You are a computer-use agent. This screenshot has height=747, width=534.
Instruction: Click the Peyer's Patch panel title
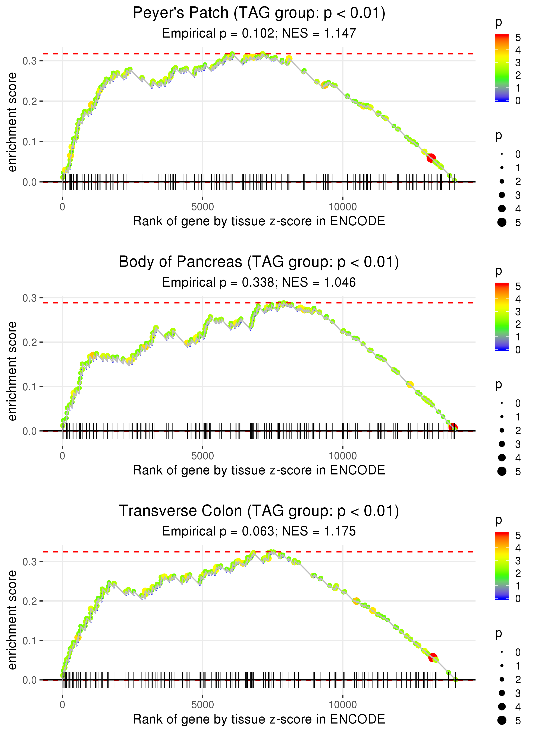(259, 13)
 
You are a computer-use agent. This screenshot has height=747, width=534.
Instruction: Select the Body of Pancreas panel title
(259, 262)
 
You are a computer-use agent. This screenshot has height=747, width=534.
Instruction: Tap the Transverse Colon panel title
(259, 511)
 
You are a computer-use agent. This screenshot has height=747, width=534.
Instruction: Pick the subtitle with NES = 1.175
(259, 531)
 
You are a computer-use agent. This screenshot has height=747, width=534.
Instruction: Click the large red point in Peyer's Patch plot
(431, 158)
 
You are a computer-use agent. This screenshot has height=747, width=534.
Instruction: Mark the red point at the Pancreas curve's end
(453, 427)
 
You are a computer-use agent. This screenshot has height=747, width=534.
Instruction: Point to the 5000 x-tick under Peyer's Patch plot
(202, 207)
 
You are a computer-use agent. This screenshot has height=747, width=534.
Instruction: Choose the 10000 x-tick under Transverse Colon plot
(343, 705)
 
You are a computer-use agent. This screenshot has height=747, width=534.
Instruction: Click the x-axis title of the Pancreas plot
(259, 470)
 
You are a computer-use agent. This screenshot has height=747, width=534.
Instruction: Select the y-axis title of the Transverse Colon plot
(12, 620)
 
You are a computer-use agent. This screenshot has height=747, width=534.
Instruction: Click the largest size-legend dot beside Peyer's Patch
(502, 222)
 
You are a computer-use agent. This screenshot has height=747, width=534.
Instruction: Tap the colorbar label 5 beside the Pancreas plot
(518, 286)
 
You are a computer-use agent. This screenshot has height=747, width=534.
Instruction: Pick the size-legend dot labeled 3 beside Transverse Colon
(502, 693)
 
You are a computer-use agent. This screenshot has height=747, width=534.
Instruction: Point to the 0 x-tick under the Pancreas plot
(62, 456)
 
